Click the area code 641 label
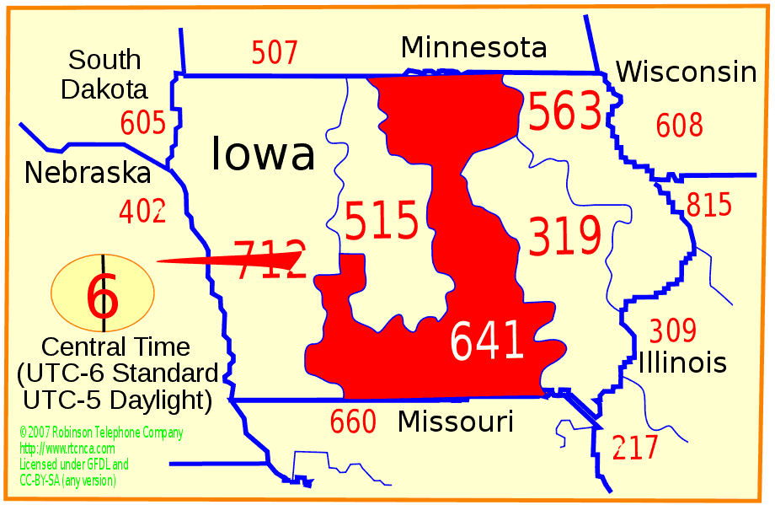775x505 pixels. point(487,341)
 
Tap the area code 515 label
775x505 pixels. point(382,222)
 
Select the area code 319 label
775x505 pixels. point(564,236)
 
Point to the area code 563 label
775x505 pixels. point(564,112)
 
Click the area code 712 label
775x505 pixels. point(269,260)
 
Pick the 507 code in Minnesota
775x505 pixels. point(275,53)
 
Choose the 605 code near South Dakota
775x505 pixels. point(143,123)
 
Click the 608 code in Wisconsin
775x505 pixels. point(679,126)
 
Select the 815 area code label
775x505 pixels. point(709,205)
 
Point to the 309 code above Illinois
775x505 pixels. point(672,330)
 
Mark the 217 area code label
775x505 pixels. point(635,448)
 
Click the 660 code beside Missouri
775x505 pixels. point(353,422)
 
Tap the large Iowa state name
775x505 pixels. point(263,153)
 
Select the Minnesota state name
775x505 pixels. point(473,47)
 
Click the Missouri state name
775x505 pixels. point(456,421)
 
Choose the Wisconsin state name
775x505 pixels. point(686,73)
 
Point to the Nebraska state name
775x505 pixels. point(88,173)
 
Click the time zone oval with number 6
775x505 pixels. point(103,293)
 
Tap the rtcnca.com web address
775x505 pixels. point(67,449)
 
